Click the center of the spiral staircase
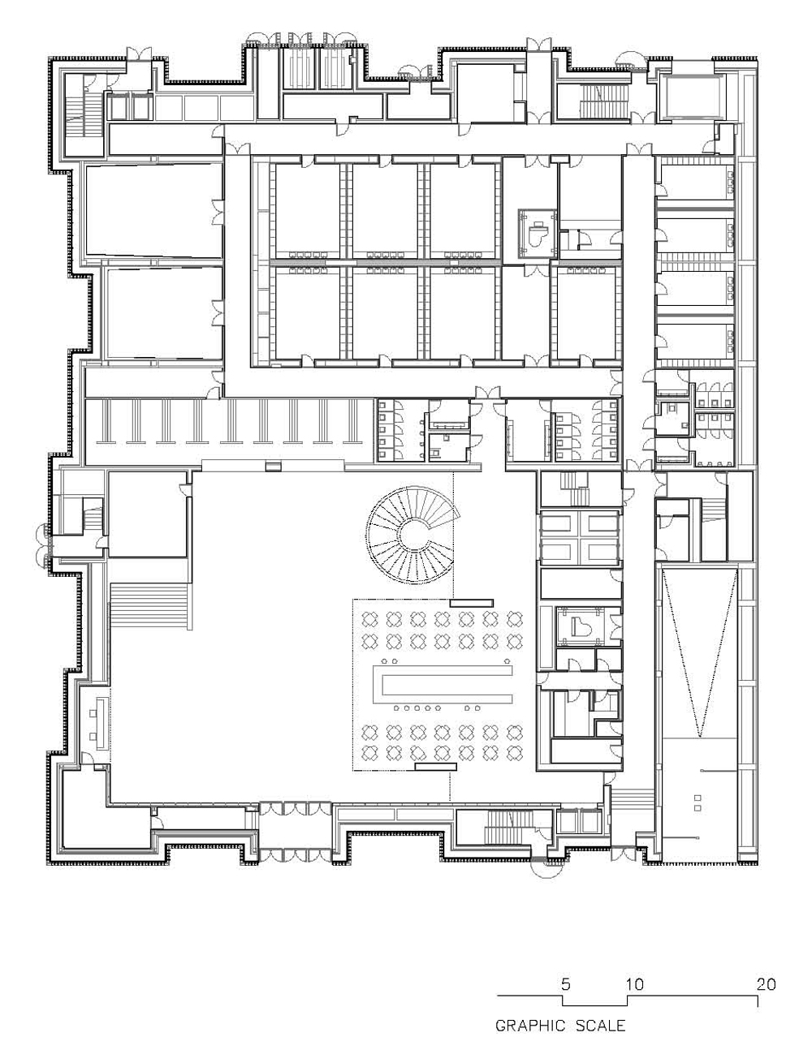tap(411, 534)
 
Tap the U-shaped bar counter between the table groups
tap(443, 684)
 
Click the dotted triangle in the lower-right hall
tap(699, 652)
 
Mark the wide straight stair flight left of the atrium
tap(149, 606)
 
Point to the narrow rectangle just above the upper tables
tap(471, 603)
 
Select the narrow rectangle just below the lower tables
tap(435, 766)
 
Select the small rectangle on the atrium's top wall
tap(274, 466)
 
